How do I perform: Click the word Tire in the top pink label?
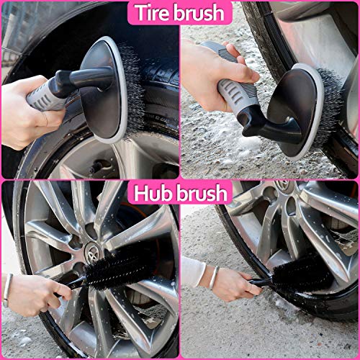154,12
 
